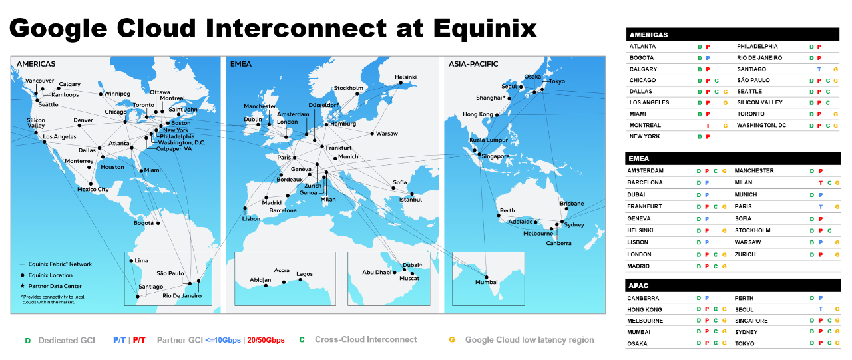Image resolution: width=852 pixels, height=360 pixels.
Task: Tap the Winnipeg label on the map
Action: coord(117,94)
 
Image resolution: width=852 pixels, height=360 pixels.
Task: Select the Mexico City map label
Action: coord(93,190)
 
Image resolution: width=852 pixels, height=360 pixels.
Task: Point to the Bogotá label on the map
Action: coord(144,223)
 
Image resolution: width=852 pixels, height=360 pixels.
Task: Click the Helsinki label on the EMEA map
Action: coord(405,77)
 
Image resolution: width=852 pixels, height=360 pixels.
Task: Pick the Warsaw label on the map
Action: coord(387,134)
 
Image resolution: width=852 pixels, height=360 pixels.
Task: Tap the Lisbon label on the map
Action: coord(251,219)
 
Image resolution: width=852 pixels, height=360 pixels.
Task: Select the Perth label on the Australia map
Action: coord(507,210)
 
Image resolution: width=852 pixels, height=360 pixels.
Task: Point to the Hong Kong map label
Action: coord(478,114)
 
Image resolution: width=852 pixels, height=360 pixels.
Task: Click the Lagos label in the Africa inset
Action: coord(304,274)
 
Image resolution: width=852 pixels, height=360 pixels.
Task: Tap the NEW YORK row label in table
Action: coord(644,136)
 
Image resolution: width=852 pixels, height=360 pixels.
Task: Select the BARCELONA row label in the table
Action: coord(645,182)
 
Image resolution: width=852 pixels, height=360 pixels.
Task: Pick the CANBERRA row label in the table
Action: coord(643,299)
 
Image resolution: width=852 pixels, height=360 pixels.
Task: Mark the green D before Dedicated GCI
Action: coord(27,341)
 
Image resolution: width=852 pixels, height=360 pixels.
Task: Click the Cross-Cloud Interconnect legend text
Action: coord(366,340)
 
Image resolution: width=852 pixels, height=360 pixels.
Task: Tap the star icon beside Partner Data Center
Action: coord(22,286)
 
